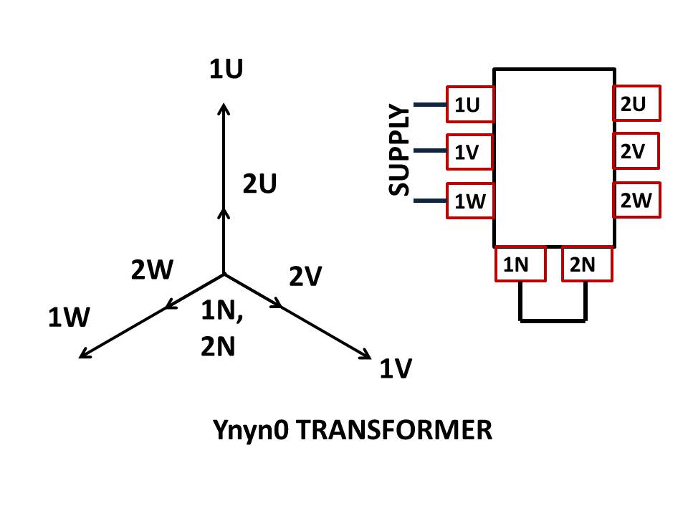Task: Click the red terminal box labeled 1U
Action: coord(470,105)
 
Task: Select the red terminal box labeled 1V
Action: coord(470,152)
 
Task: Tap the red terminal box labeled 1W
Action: coord(470,201)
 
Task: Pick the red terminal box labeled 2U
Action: coord(636,103)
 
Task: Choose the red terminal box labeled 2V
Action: coord(636,151)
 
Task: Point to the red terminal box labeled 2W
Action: coord(636,200)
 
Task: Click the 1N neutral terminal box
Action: coord(520,264)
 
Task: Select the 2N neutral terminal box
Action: coord(587,264)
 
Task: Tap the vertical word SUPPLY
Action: coord(399,150)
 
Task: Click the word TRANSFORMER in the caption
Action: coord(393,431)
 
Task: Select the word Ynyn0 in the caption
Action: coord(251,431)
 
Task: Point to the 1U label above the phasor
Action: coord(226,70)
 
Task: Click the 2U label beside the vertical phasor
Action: coord(259,184)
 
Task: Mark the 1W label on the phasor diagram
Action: coord(68,317)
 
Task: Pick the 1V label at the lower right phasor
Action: coord(396,369)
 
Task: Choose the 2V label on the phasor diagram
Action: coord(305,276)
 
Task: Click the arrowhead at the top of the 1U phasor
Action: coord(224,109)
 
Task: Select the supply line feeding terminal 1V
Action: coord(430,151)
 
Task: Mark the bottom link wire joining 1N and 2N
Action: coord(553,320)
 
